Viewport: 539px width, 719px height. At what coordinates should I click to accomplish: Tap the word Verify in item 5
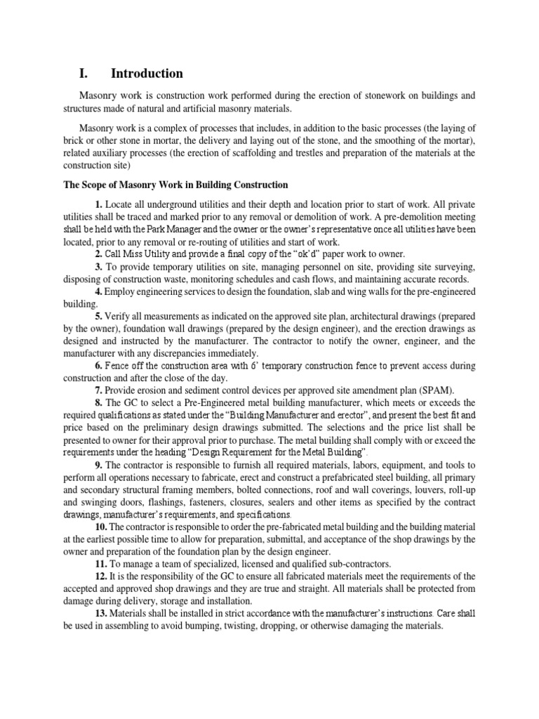[120, 316]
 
